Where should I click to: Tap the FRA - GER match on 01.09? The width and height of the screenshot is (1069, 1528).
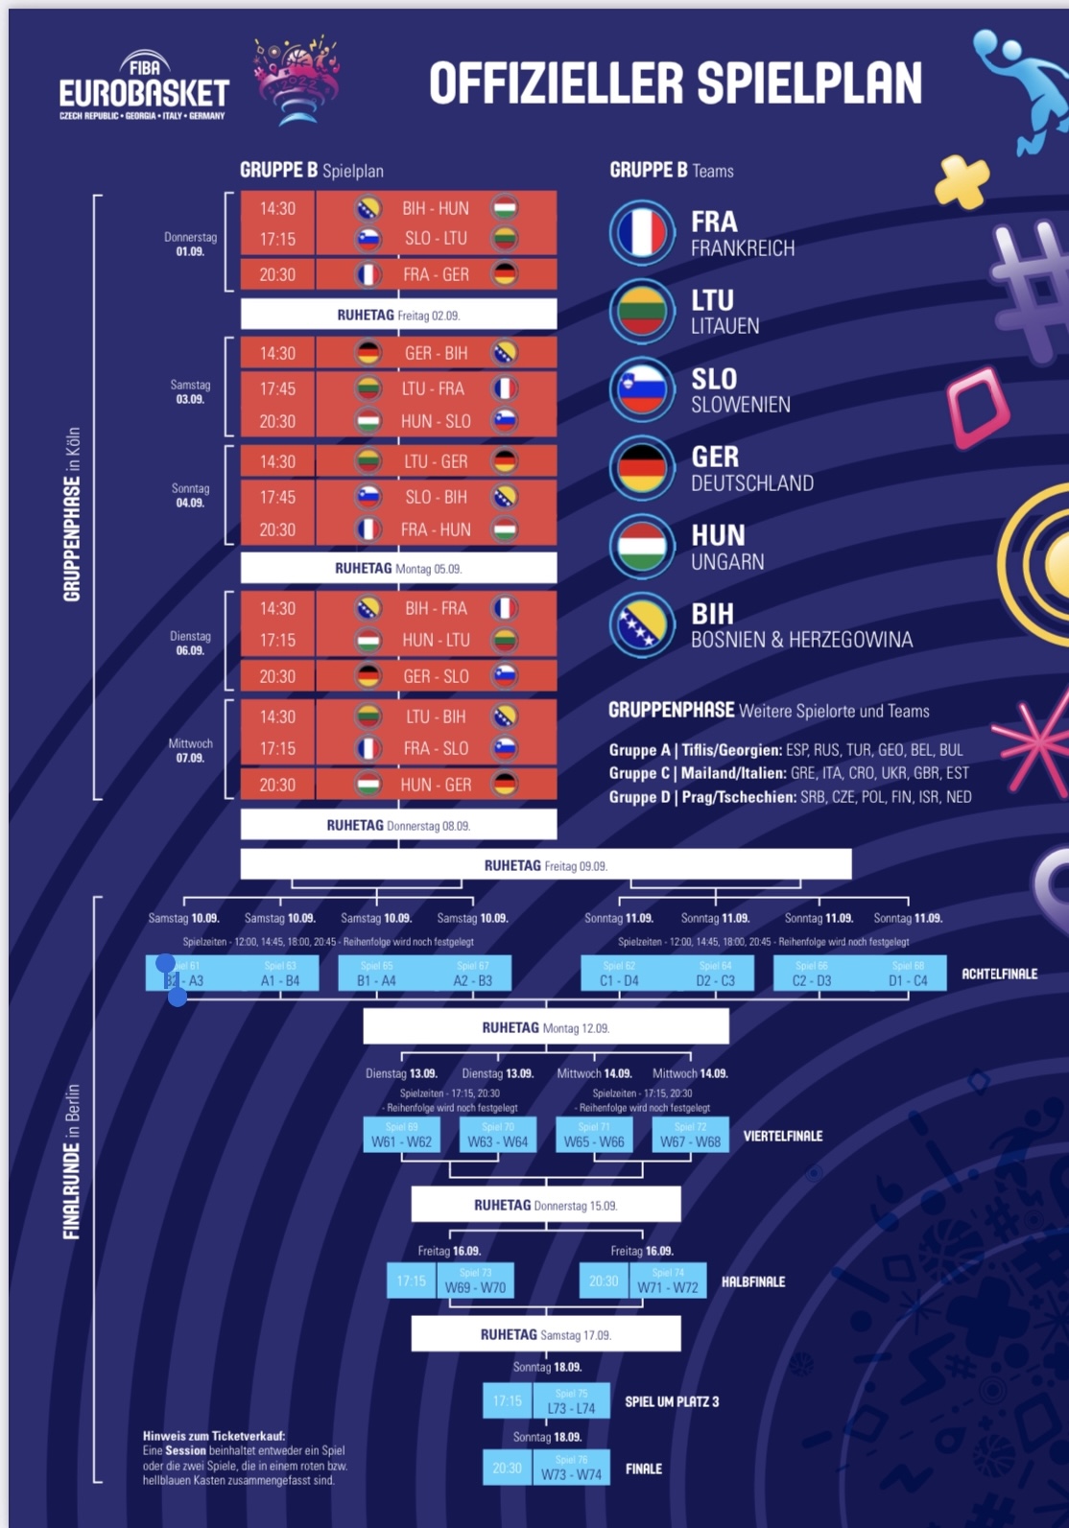click(x=436, y=274)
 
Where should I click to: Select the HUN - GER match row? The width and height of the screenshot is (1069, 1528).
click(x=436, y=785)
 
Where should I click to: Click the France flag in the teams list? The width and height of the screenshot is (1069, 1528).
click(x=642, y=233)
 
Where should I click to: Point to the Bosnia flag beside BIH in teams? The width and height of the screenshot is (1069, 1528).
click(x=642, y=624)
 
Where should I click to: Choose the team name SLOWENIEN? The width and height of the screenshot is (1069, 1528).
click(x=741, y=405)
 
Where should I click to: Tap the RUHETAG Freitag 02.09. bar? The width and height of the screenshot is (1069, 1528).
click(x=398, y=315)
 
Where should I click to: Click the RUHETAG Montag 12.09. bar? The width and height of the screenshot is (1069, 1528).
click(x=545, y=1027)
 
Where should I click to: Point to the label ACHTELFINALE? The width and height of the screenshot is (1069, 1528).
click(x=999, y=974)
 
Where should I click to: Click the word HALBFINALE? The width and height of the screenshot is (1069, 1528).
click(x=753, y=1281)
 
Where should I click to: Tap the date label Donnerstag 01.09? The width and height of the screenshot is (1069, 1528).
click(x=190, y=245)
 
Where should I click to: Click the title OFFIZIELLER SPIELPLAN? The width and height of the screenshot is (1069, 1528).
click(x=676, y=84)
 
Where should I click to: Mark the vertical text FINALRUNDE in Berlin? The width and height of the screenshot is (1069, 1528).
click(x=72, y=1162)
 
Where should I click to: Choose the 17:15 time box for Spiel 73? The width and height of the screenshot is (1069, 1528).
click(x=411, y=1281)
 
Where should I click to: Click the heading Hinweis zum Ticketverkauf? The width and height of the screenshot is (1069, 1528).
click(x=214, y=1436)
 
